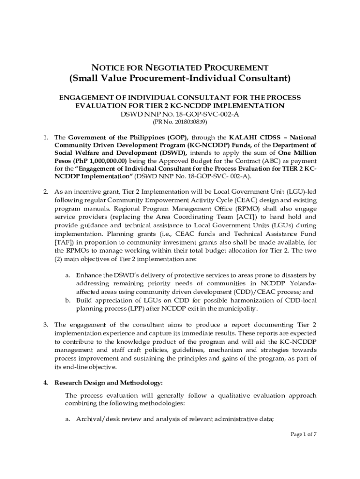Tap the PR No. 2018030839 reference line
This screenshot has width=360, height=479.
180,122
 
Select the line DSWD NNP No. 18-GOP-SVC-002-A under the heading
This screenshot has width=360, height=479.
180,114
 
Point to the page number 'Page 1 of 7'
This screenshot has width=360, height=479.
303,435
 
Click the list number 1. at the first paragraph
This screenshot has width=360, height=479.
46,138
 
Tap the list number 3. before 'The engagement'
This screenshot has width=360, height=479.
46,325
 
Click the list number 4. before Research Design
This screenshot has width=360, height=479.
46,383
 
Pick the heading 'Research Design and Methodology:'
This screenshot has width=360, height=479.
108,383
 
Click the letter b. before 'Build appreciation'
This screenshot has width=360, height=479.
68,300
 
